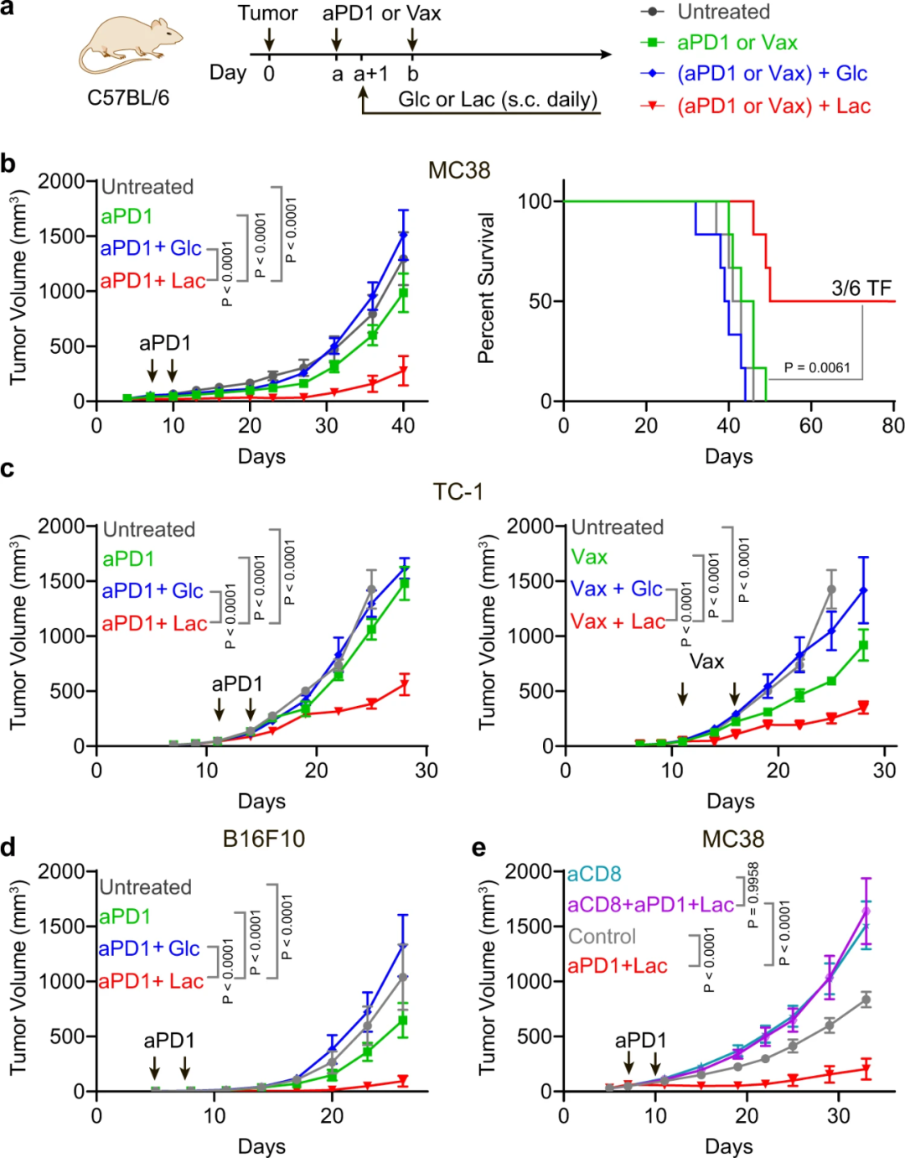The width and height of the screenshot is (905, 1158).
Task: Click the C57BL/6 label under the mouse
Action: click(x=128, y=98)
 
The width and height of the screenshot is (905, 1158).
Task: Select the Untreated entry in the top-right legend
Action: click(x=723, y=12)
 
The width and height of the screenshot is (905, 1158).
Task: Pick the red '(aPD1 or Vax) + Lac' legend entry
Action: click(x=773, y=106)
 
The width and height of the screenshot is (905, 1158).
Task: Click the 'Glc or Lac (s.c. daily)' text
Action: click(x=498, y=100)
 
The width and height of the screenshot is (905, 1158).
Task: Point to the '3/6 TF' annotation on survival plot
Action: click(x=861, y=288)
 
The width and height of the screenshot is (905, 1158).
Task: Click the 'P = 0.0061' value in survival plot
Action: click(x=817, y=367)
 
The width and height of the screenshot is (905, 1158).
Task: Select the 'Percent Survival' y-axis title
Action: click(x=486, y=288)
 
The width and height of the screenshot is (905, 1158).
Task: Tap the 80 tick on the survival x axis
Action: click(x=893, y=426)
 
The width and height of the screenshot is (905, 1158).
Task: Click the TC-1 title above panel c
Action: click(x=458, y=491)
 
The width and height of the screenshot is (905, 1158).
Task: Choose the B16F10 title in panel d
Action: click(x=264, y=839)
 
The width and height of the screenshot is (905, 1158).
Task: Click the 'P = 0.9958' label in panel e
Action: click(x=752, y=895)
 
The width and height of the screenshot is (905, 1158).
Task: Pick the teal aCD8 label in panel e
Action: click(x=594, y=875)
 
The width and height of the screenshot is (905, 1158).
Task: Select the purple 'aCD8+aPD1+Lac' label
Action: click(x=650, y=905)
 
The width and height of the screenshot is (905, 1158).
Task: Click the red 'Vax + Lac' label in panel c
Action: click(x=618, y=621)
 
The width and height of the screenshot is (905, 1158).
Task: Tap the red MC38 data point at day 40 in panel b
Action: click(x=403, y=370)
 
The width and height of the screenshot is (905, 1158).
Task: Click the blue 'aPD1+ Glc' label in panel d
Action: click(x=149, y=948)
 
